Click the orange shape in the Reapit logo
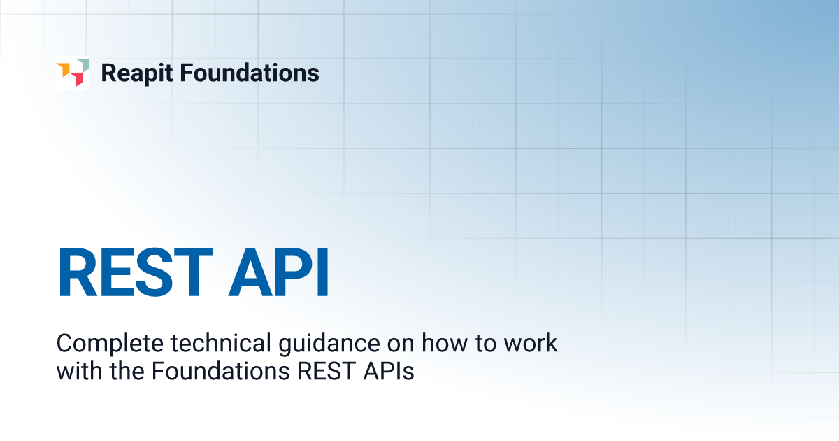click(64, 69)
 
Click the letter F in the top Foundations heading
click(190, 73)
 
